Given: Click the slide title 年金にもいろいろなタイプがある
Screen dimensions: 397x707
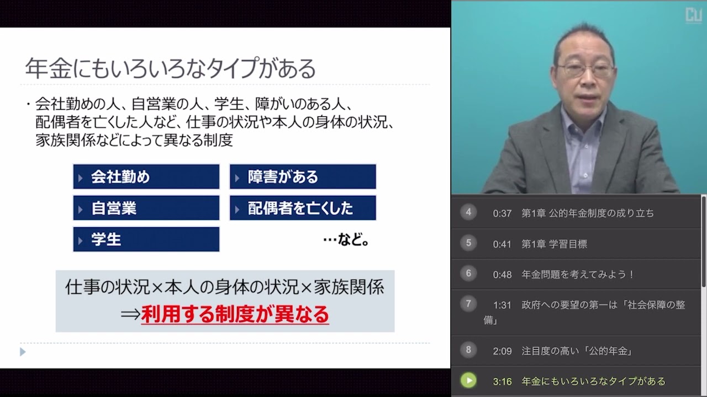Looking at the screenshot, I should [x=170, y=69].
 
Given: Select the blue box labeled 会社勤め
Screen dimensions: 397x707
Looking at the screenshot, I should [x=146, y=177].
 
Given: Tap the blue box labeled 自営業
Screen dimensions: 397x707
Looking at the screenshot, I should [x=146, y=208].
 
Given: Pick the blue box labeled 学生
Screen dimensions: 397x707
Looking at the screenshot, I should [x=146, y=240].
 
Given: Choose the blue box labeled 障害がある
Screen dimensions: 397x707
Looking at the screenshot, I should [x=303, y=177].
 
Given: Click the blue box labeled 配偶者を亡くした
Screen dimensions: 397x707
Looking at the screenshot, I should [x=303, y=208].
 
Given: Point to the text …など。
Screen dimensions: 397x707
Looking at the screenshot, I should [x=346, y=240].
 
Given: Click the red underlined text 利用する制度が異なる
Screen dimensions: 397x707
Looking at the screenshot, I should [x=235, y=314].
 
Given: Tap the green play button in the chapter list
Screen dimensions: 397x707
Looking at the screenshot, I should [x=468, y=380].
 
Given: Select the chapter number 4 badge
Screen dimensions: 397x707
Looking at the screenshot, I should [x=468, y=212].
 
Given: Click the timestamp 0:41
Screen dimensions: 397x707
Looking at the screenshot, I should [x=502, y=244].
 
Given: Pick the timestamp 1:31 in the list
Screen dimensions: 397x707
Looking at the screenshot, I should [x=502, y=305].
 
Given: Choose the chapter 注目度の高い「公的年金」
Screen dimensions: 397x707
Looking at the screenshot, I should [x=577, y=351].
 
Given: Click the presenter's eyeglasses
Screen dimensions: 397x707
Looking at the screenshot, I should [x=585, y=70].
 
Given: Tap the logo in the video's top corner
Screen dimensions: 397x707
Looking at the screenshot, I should [x=693, y=15].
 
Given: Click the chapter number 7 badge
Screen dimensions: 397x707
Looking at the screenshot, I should [x=468, y=304].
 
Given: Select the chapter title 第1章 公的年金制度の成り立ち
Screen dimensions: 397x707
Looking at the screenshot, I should [x=588, y=213].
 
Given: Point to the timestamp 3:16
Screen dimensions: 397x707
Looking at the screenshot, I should [x=502, y=381].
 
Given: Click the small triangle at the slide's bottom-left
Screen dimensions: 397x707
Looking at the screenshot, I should [x=23, y=351].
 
